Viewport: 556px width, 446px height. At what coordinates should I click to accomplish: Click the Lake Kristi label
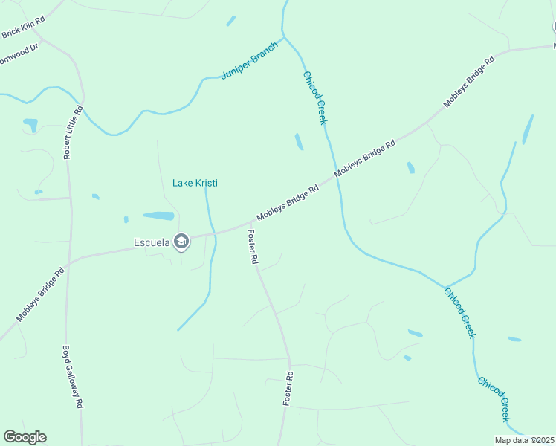click(x=195, y=183)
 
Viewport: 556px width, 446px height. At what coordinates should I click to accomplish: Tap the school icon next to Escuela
click(x=181, y=241)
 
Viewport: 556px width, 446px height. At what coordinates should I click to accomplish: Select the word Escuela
click(x=151, y=242)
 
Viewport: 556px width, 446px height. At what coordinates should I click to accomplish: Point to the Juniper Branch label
click(x=250, y=61)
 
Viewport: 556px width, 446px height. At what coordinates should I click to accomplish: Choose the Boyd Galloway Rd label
click(x=71, y=377)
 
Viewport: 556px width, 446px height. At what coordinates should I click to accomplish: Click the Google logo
click(x=25, y=437)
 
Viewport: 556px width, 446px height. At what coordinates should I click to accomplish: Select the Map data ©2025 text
click(x=525, y=440)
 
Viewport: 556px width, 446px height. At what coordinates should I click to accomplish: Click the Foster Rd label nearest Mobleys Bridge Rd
click(x=252, y=248)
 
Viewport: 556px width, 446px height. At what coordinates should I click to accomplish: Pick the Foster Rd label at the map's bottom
click(x=288, y=388)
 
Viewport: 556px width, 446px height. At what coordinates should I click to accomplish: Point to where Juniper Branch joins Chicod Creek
click(x=284, y=36)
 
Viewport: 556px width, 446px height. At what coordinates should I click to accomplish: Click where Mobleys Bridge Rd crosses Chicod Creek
click(x=332, y=177)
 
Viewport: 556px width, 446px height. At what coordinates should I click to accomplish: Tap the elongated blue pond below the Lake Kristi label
click(x=158, y=216)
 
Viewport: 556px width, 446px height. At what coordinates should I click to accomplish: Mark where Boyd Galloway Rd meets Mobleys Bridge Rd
click(x=67, y=263)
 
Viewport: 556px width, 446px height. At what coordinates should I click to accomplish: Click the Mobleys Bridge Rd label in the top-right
click(x=470, y=82)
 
